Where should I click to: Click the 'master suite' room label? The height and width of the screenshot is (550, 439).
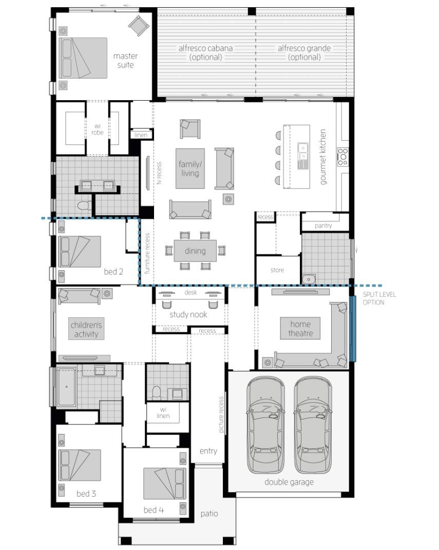(125, 60)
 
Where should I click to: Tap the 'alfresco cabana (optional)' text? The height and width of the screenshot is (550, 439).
(205, 52)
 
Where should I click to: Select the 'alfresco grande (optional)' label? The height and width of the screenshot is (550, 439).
(304, 52)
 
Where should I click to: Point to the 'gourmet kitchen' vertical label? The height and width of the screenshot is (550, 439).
(323, 157)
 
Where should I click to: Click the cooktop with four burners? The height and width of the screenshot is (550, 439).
(342, 157)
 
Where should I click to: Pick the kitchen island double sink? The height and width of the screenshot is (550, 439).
(302, 156)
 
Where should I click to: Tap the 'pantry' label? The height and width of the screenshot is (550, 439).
(323, 225)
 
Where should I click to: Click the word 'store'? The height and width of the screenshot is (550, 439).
(277, 270)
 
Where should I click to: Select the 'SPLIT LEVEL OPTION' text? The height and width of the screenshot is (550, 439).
(379, 298)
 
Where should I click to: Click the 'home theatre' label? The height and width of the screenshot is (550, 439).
(300, 328)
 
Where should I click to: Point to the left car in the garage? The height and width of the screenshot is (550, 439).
(265, 425)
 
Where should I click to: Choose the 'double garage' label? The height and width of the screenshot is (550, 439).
(289, 482)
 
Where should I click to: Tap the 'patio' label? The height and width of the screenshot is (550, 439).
(209, 514)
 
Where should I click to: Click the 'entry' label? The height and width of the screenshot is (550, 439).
(208, 451)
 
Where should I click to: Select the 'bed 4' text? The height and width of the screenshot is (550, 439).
(154, 510)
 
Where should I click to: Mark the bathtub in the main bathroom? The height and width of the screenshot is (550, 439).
(66, 387)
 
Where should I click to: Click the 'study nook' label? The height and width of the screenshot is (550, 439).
(188, 314)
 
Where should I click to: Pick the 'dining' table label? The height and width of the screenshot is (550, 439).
(195, 251)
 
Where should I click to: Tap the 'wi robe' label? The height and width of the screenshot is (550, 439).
(97, 129)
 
